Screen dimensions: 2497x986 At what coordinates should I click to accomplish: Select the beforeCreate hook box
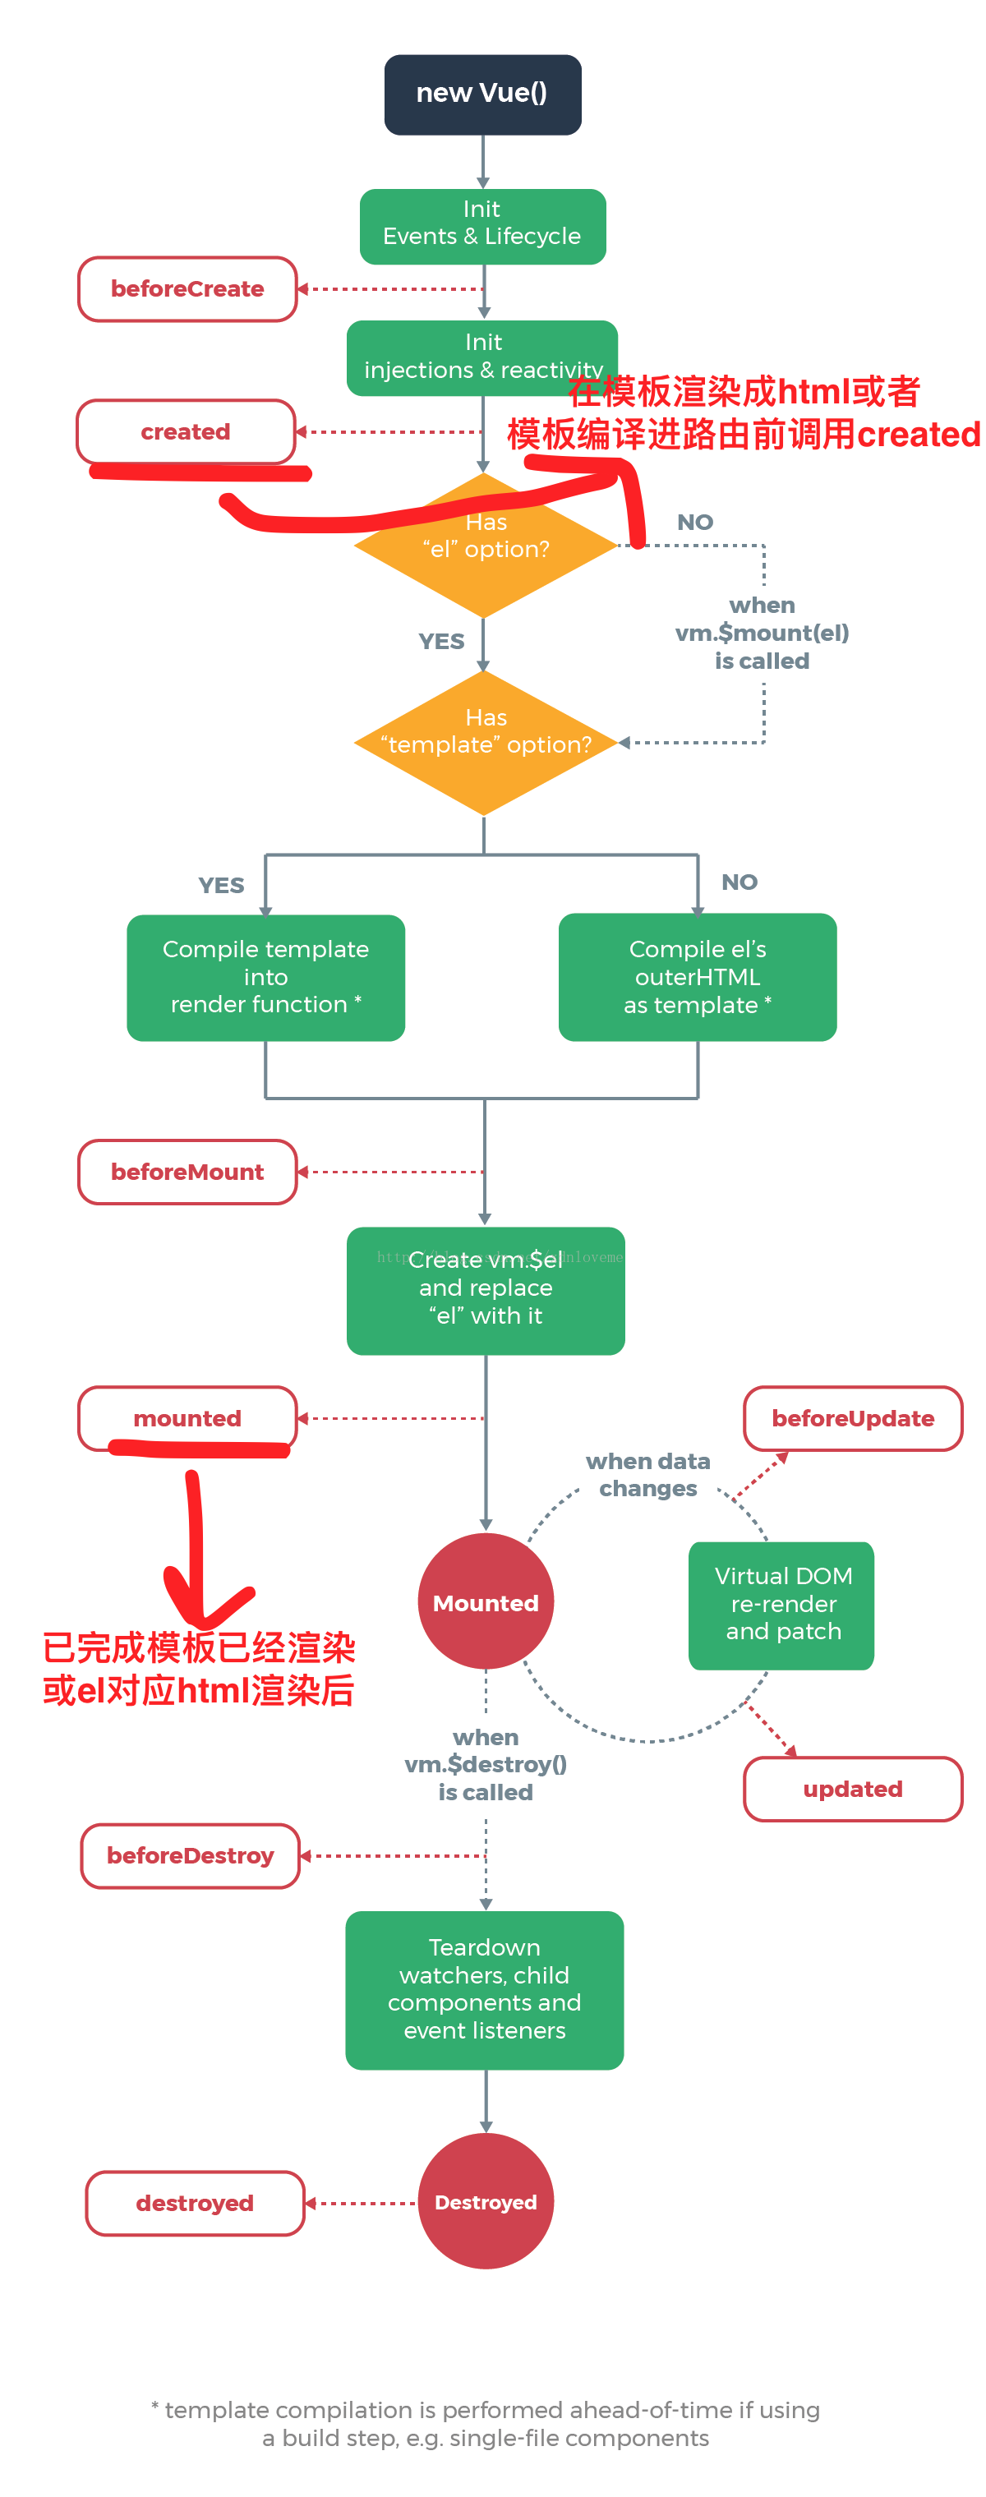pyautogui.click(x=187, y=289)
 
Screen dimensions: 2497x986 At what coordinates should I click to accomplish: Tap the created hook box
pyautogui.click(x=185, y=431)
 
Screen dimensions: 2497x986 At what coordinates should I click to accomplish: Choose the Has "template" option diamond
pyautogui.click(x=485, y=743)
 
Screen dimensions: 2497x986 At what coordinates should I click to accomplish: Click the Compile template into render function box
pyautogui.click(x=265, y=977)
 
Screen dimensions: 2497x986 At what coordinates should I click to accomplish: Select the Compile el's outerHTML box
pyautogui.click(x=697, y=977)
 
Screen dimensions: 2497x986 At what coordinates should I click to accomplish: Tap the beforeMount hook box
pyautogui.click(x=187, y=1172)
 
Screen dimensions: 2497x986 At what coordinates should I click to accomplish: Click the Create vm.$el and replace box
pyautogui.click(x=485, y=1290)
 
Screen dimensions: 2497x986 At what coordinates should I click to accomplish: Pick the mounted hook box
pyautogui.click(x=187, y=1418)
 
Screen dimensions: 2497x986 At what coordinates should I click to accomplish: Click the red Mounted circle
pyautogui.click(x=485, y=1602)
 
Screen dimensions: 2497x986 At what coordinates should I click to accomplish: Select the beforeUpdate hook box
pyautogui.click(x=852, y=1418)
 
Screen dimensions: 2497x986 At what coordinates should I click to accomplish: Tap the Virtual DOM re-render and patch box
pyautogui.click(x=781, y=1604)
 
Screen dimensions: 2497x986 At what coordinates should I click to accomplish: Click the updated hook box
pyautogui.click(x=852, y=1789)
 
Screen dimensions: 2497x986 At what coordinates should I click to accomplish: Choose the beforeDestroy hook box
pyautogui.click(x=190, y=1855)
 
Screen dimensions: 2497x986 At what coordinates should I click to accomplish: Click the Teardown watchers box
pyautogui.click(x=484, y=1989)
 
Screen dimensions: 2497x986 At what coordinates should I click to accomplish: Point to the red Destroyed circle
pyautogui.click(x=485, y=2202)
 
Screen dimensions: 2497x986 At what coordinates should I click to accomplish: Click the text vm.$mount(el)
pyautogui.click(x=762, y=633)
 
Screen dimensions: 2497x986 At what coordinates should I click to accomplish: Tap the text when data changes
pyautogui.click(x=647, y=1474)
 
